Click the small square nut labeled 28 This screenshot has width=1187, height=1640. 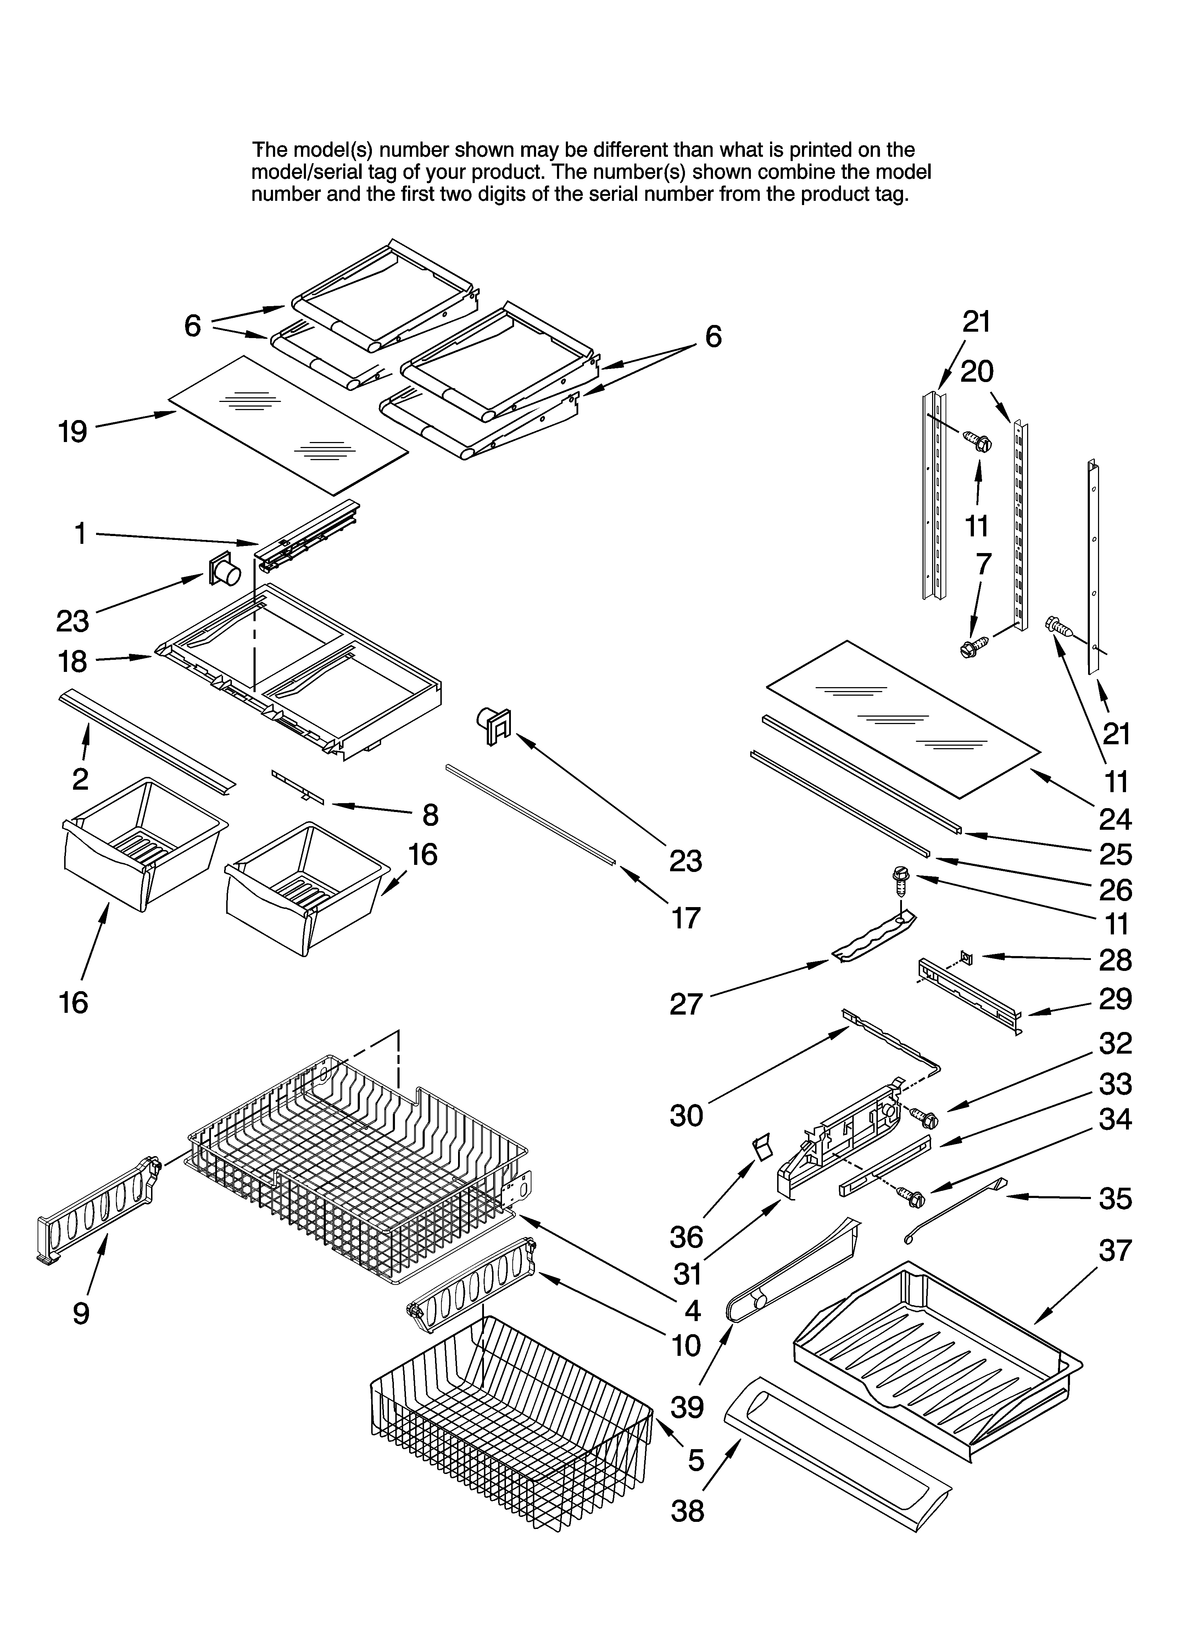point(967,959)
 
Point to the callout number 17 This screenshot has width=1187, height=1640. point(685,918)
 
